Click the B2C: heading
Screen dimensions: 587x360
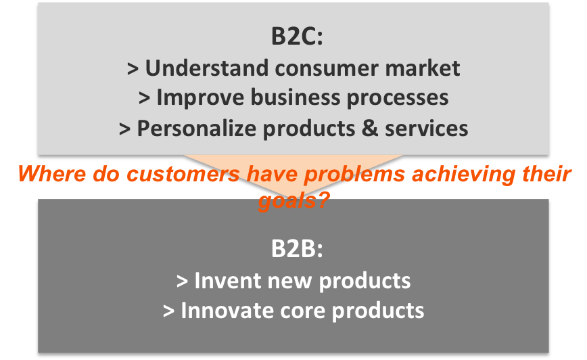(297, 37)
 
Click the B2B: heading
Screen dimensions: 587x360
(297, 248)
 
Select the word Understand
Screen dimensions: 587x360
(207, 68)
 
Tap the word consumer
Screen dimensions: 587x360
(327, 69)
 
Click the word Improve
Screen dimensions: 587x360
(200, 98)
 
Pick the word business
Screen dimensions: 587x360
(295, 97)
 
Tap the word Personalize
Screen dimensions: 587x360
(197, 129)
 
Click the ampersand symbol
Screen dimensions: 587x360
(370, 129)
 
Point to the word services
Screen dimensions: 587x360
(427, 129)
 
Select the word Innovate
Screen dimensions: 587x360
(227, 311)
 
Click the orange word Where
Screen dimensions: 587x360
(51, 174)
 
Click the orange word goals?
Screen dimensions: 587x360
(293, 200)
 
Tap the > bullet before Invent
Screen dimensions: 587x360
(182, 282)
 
